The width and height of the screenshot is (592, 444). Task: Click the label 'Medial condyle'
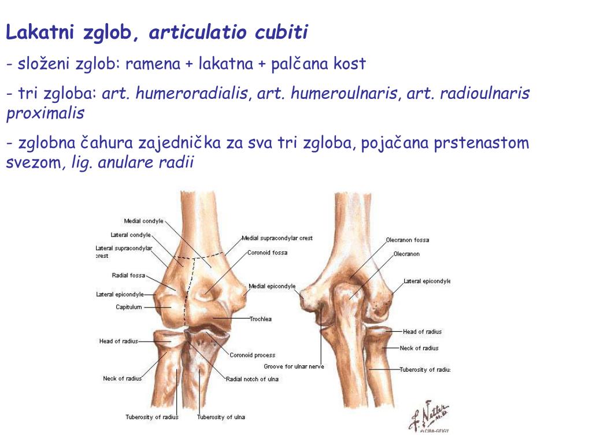tap(143, 221)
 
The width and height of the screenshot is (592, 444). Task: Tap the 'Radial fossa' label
tap(128, 275)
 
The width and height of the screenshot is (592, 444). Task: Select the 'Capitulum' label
tap(128, 307)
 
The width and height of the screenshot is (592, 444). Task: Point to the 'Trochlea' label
tap(261, 319)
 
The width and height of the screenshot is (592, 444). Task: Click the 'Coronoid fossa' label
tap(267, 253)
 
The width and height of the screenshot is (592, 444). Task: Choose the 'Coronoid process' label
tap(252, 355)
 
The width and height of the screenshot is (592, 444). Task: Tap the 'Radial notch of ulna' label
tap(252, 379)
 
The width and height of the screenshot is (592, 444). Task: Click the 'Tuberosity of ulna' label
tap(221, 417)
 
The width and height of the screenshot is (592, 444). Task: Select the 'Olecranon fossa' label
tap(408, 240)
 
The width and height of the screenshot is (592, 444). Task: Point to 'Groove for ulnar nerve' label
tap(294, 367)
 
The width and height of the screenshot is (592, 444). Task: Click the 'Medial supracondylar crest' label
tap(277, 238)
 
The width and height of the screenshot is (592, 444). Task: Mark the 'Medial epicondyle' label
tap(272, 286)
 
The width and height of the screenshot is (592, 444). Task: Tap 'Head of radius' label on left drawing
tap(119, 341)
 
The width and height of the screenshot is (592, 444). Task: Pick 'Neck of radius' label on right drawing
tap(419, 348)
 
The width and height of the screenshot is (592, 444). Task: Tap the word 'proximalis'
tap(45, 113)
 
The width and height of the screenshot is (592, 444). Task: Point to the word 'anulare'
tap(121, 163)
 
